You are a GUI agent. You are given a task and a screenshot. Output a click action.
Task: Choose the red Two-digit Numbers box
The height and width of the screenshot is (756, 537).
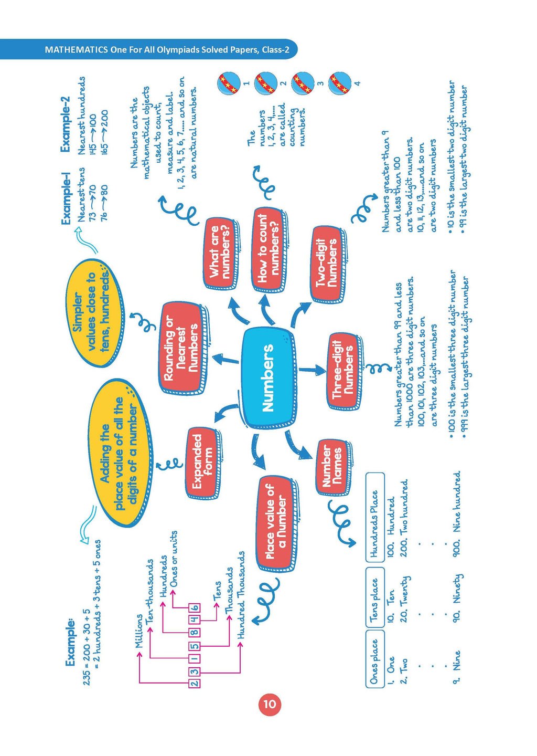click(328, 264)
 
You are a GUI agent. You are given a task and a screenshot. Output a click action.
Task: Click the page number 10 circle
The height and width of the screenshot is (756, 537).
click(269, 704)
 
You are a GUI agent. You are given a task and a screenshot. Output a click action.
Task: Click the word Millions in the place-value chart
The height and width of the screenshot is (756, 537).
click(139, 631)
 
